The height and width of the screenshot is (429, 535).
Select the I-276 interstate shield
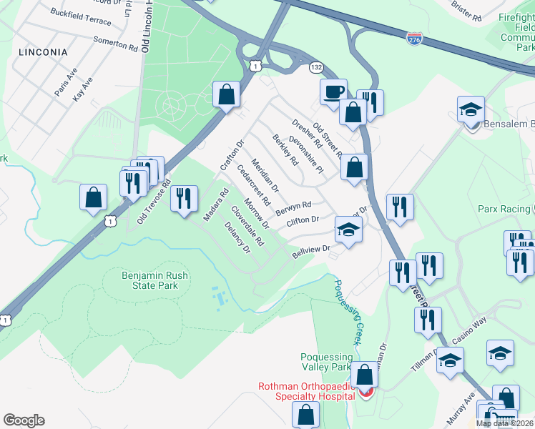pyautogui.click(x=414, y=36)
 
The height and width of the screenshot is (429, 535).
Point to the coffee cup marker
pyautogui.click(x=333, y=92)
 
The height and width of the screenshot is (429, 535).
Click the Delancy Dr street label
pyautogui.click(x=237, y=238)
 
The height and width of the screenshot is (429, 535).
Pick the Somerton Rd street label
pyautogui.click(x=115, y=44)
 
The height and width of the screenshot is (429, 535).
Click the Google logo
pyautogui.click(x=24, y=420)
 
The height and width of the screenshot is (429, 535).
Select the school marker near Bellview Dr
pyautogui.click(x=348, y=230)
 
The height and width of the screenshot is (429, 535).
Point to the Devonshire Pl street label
pyautogui.click(x=306, y=154)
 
